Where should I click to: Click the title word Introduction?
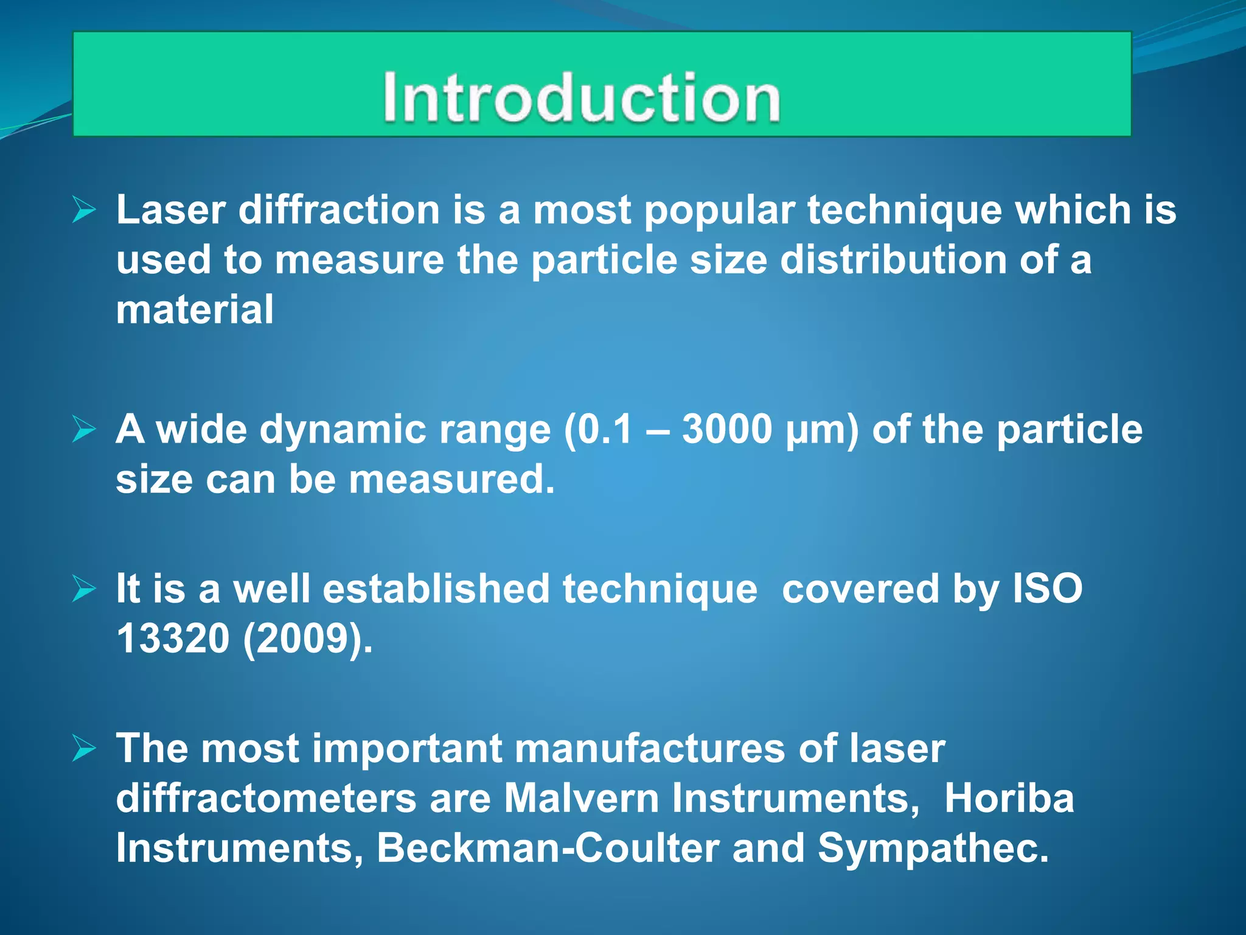point(581,97)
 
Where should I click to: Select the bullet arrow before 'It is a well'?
point(84,589)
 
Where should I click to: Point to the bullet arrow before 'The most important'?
point(84,748)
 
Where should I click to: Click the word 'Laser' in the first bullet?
point(171,210)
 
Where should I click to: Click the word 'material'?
point(195,310)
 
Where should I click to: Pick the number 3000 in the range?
point(727,430)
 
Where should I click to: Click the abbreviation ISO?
point(1047,589)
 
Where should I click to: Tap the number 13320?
point(173,639)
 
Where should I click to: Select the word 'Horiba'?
point(1009,799)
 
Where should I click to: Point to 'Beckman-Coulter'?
point(548,849)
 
